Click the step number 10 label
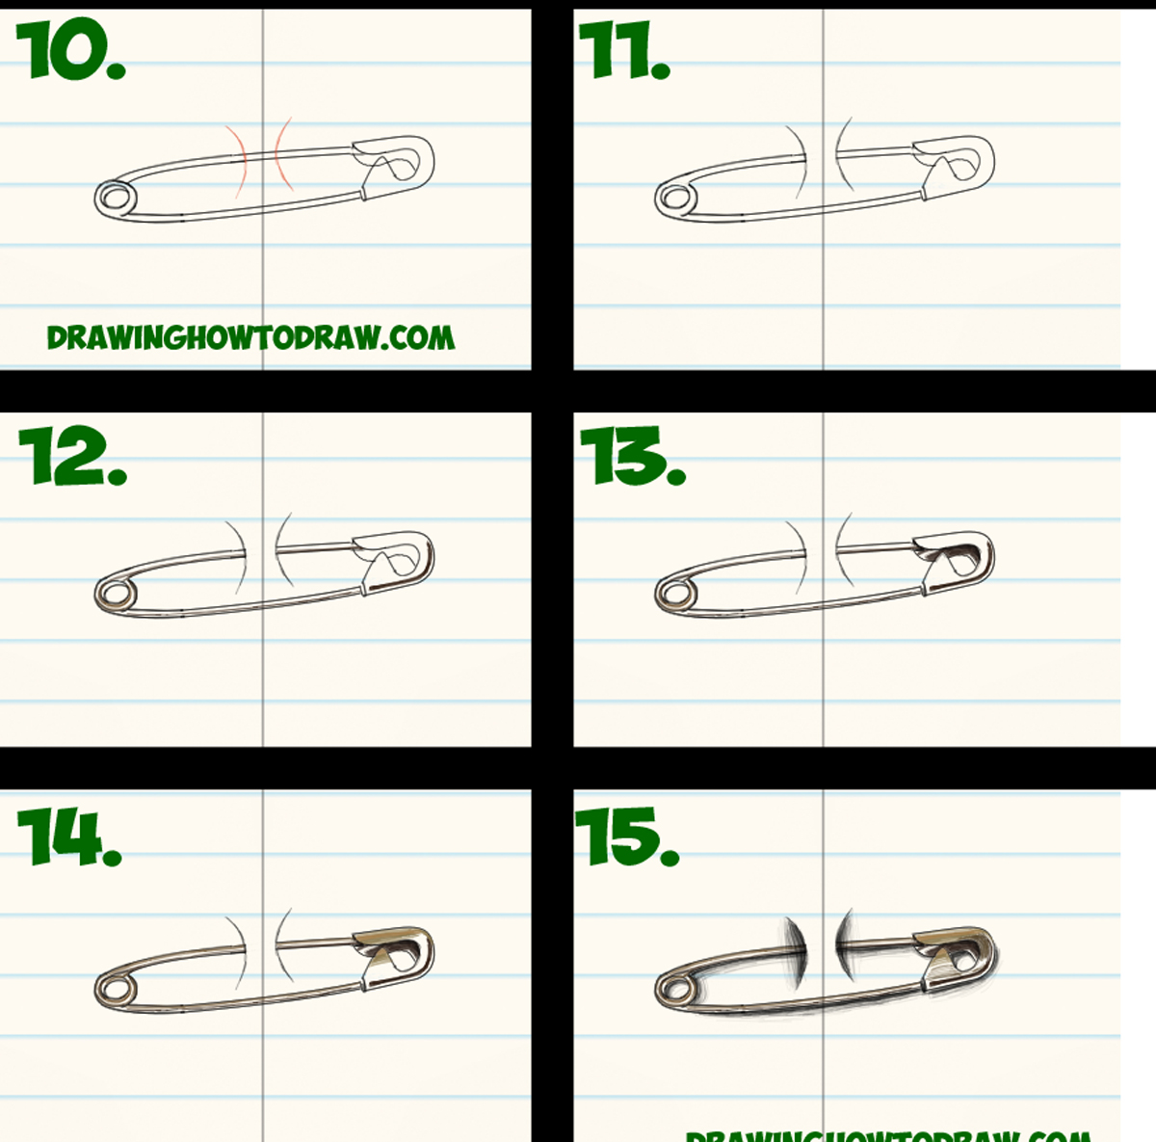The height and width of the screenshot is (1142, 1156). (x=70, y=51)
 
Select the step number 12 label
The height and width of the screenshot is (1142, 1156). (x=72, y=456)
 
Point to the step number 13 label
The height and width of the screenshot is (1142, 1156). (x=632, y=456)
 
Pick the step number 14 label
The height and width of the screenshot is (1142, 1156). (x=69, y=837)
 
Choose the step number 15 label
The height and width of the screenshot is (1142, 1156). (x=627, y=837)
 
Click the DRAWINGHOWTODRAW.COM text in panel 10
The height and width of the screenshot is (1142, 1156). (x=250, y=337)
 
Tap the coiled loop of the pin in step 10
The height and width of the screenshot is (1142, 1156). (x=117, y=199)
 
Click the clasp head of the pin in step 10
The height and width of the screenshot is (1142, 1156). (x=395, y=162)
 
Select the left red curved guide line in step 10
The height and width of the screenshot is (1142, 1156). (x=239, y=160)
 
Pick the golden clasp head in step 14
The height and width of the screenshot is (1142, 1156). (x=395, y=952)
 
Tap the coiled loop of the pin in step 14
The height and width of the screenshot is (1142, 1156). (x=116, y=988)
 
